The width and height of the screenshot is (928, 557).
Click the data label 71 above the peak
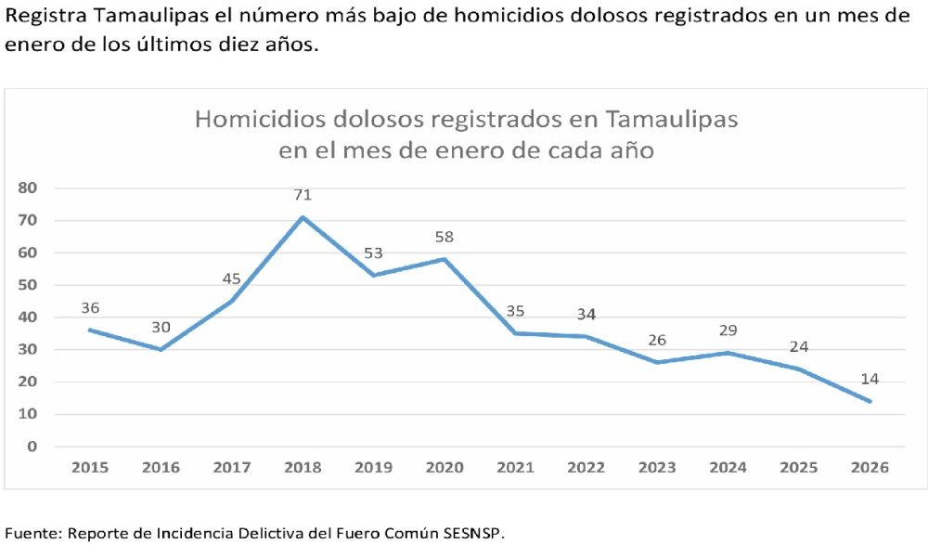point(303,195)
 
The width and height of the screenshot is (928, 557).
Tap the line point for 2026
point(870,401)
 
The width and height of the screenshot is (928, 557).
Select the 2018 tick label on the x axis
point(303,467)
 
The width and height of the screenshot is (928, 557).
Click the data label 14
point(870,379)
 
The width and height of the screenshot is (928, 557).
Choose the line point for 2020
point(445,259)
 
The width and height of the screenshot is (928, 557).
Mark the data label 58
point(445,238)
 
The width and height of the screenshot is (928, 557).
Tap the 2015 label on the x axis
point(90,467)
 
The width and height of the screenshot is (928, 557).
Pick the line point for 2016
point(161,349)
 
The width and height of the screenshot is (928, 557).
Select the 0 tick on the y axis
point(32,447)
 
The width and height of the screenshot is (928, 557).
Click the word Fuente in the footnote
point(31,534)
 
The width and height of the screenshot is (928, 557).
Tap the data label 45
point(232,279)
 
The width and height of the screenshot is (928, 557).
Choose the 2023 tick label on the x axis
point(657,467)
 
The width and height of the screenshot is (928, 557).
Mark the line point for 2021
point(515,333)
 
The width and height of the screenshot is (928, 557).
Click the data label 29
point(728,330)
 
